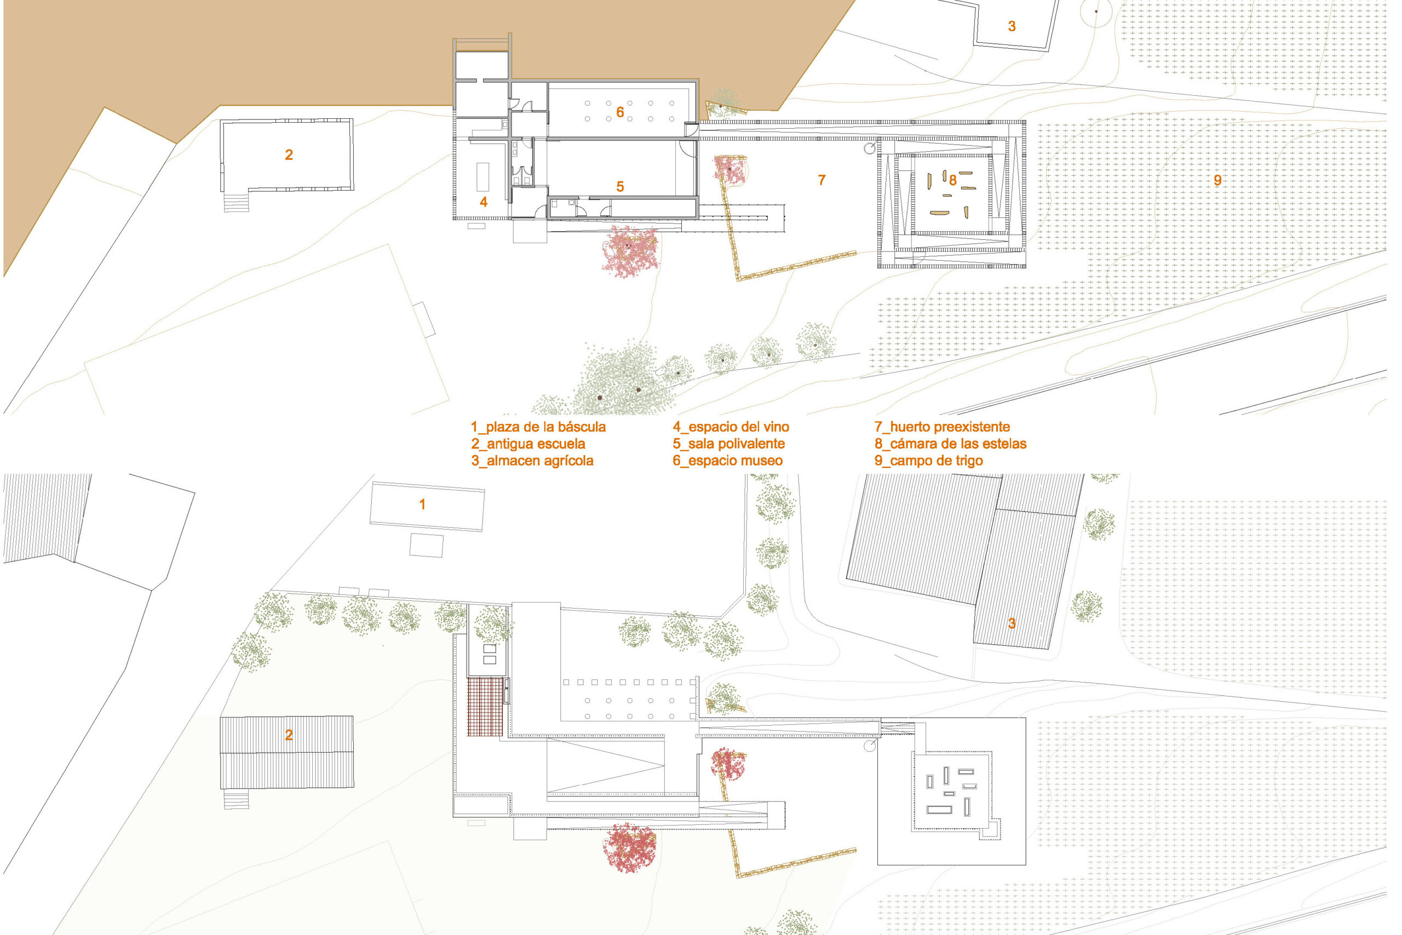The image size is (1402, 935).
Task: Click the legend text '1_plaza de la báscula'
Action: coord(538,427)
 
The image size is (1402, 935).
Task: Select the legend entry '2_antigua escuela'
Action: coord(528,444)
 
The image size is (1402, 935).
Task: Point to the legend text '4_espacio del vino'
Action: coord(731,427)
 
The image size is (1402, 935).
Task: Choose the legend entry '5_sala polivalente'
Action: coord(728,444)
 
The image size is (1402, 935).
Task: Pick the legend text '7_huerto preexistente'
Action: coord(942,427)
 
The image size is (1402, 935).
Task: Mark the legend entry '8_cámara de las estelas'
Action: coord(950,444)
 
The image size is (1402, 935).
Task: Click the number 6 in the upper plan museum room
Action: coord(620,112)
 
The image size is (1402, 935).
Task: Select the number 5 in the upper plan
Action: coord(620,187)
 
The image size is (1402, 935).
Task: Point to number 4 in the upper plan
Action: coord(484,202)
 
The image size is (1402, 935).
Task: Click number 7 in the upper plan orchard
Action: coord(821,180)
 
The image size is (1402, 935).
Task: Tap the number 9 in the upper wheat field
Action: coord(1218,180)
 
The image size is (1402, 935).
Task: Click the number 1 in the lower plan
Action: coord(422,504)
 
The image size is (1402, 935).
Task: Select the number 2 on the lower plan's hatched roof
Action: coord(289,735)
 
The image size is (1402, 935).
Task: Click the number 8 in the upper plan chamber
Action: coord(952,180)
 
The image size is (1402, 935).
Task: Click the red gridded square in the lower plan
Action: coord(486,707)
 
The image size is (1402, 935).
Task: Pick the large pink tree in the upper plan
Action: coord(630,251)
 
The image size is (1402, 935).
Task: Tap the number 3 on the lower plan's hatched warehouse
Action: coord(1012,624)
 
